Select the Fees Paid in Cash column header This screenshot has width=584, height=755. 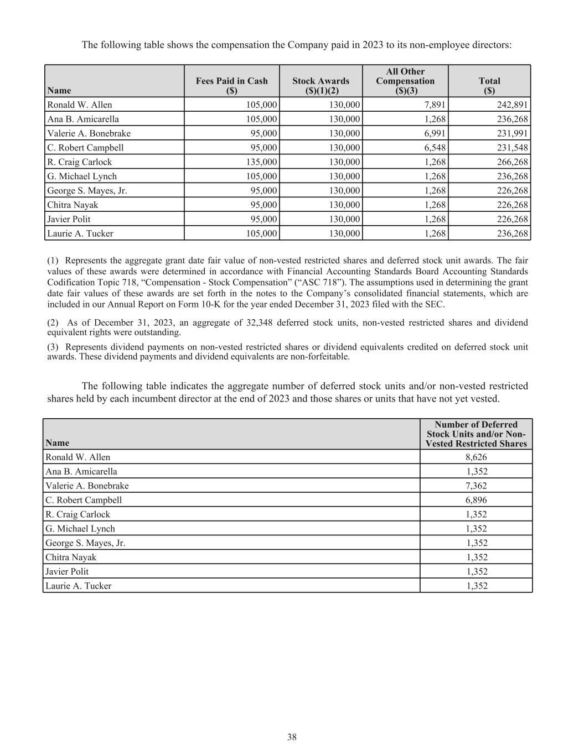[x=231, y=85]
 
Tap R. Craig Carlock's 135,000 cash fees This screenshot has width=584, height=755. [x=261, y=162]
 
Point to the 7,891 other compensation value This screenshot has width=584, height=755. [x=435, y=105]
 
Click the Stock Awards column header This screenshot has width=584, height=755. [x=321, y=85]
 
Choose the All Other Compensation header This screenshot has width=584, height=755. [x=405, y=81]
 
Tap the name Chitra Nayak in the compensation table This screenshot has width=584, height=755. [x=73, y=205]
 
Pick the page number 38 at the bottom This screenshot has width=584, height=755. [x=292, y=737]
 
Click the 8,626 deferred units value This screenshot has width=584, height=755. [x=477, y=457]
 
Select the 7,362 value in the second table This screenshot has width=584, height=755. [x=477, y=486]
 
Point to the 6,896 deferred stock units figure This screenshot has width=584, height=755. [x=477, y=500]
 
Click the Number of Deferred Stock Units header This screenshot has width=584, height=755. [x=476, y=434]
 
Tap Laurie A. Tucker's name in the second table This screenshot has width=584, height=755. [x=78, y=586]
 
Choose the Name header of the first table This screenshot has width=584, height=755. [x=59, y=90]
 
